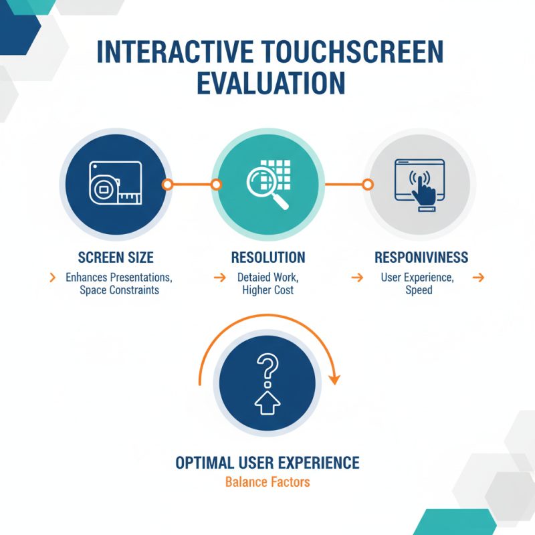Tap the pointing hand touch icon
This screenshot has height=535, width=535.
click(x=421, y=189)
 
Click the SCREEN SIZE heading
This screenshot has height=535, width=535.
click(x=116, y=257)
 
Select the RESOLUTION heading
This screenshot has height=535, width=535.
click(x=267, y=257)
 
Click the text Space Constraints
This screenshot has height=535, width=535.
click(x=119, y=290)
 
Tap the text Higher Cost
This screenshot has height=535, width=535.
click(x=267, y=290)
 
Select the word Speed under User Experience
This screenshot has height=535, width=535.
click(x=419, y=290)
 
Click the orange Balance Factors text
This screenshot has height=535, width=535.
click(x=267, y=481)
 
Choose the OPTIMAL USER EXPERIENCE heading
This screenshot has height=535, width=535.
click(x=267, y=463)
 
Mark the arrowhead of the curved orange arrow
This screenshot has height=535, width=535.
click(x=334, y=379)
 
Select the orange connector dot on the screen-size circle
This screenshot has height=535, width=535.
click(x=168, y=184)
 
